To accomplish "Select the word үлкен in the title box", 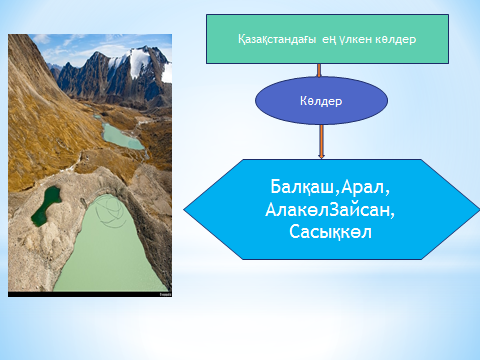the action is pos(355,40).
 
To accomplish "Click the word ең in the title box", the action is pos(329,40).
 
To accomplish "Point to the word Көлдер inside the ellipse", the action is pos(321,101).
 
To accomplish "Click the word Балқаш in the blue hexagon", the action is pos(302,187).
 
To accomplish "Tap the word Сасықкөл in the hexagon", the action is pos(330,232).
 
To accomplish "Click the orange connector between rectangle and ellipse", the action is pos(319,70).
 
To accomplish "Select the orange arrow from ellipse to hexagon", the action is pos(321,142).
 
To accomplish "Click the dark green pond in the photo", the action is pos(46,205).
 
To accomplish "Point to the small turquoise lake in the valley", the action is pos(122,137).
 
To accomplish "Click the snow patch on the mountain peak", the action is pos(137,62).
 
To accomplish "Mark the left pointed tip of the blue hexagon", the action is pos(184,210).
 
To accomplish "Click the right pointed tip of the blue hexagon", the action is pos(479,210).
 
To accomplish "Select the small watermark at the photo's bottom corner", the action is pos(165,295).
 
